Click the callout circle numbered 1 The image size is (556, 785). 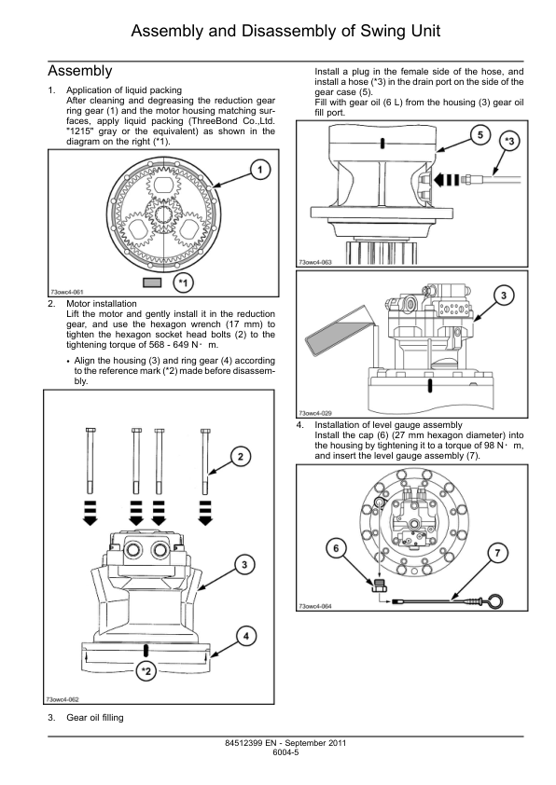coord(259,170)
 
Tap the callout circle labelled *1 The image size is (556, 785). coord(184,283)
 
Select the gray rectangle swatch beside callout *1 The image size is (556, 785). coord(152,282)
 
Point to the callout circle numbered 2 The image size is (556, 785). coord(241,457)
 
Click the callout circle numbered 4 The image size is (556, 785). coord(246,637)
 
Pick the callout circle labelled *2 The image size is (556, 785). coord(146,671)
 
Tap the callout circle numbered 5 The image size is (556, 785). coord(480,135)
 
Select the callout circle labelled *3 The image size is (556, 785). coord(509,141)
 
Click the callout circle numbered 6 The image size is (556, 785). coord(336,548)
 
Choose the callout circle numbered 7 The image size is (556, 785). coord(497,553)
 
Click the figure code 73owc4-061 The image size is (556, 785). coord(66,292)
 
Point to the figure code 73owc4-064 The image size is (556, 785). coord(315,606)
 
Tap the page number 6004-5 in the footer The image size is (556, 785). coord(285,752)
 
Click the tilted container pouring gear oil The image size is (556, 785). coord(337,339)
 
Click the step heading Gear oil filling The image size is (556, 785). coord(95,718)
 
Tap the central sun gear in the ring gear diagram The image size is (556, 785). coord(163,215)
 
